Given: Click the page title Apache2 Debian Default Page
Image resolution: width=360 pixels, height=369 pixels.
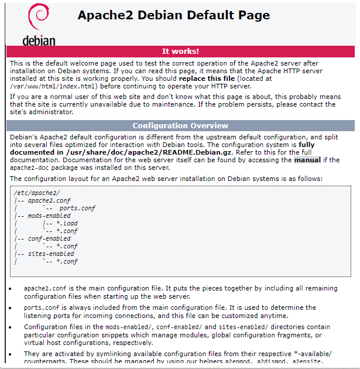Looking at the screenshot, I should coord(174,16).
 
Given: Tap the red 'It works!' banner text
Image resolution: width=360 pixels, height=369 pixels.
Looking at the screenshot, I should coord(180,51).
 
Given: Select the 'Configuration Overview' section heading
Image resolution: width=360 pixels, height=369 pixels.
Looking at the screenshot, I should coord(180,125).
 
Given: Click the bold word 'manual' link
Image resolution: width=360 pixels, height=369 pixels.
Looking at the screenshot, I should coord(307,159).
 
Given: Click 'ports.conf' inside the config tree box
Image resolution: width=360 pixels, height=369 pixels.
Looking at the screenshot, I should coord(77,208).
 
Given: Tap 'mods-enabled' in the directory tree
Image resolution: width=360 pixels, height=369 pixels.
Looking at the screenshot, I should coord(49,216).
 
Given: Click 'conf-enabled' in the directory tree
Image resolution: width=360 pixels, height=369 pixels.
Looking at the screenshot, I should coord(49,238).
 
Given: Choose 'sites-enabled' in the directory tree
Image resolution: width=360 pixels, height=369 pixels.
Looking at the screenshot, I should coord(51,254).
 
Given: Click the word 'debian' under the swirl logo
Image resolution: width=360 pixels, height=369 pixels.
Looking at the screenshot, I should coord(39,40).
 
